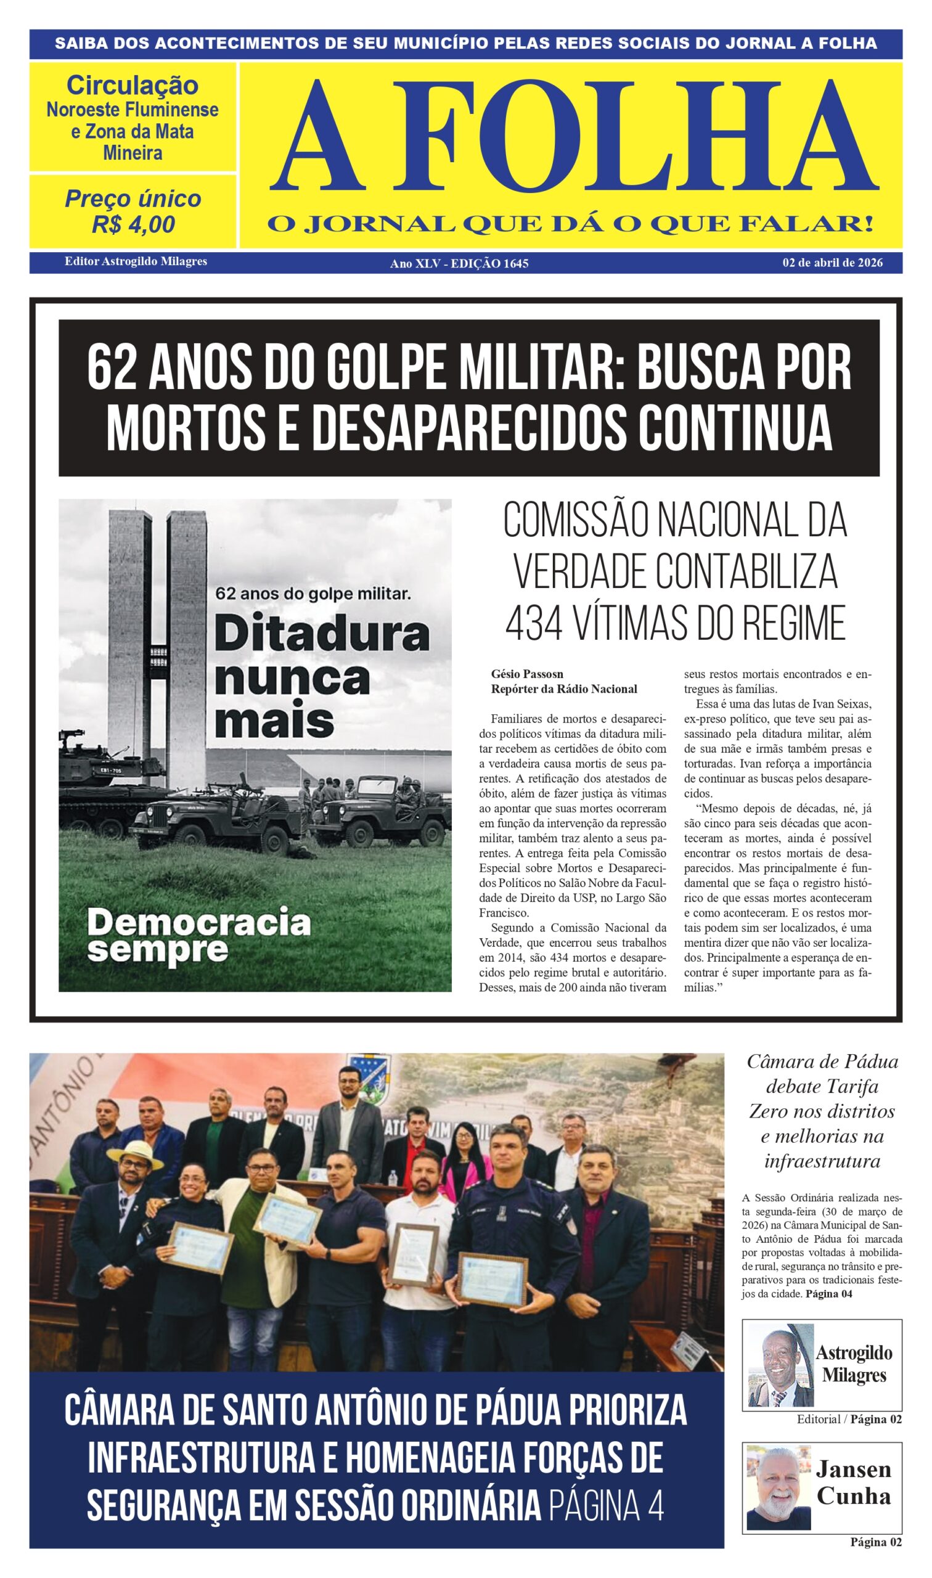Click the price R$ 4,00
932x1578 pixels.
pos(133,225)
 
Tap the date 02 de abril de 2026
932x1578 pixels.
pos(832,263)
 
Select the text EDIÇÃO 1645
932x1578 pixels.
pos(489,264)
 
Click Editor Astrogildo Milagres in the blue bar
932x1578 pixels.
pos(136,261)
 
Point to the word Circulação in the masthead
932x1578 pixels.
pos(133,86)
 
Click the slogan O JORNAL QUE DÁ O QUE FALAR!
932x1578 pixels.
pos(570,224)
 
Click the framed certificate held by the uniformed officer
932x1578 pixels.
pos(493,1277)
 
